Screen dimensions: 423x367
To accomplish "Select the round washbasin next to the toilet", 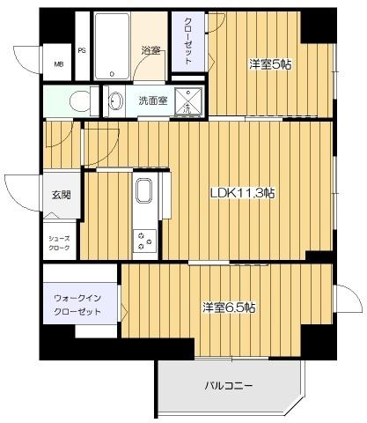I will click(116, 101).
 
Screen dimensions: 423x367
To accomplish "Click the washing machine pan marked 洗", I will click(187, 100).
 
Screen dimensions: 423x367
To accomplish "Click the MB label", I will click(59, 63).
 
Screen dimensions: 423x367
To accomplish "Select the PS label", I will click(81, 51).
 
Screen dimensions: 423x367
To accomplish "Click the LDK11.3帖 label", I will click(242, 193).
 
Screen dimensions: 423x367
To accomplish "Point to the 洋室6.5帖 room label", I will click(230, 308).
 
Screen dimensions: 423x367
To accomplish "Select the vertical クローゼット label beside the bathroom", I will click(188, 41).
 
